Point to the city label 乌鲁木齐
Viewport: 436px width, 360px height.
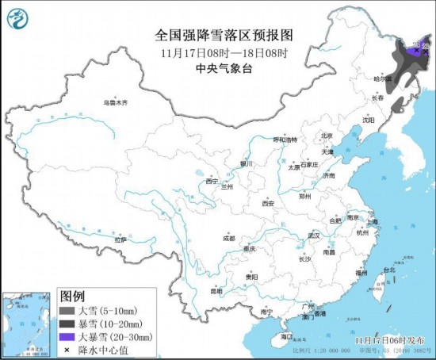click(x=115, y=103)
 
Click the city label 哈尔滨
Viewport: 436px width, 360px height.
click(x=384, y=79)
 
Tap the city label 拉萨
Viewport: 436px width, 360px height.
click(x=120, y=239)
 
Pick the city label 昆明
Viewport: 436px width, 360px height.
click(x=216, y=290)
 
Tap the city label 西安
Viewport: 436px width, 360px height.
click(x=268, y=204)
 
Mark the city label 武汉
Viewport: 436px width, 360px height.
click(x=313, y=236)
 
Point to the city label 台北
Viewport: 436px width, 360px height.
click(x=388, y=270)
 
